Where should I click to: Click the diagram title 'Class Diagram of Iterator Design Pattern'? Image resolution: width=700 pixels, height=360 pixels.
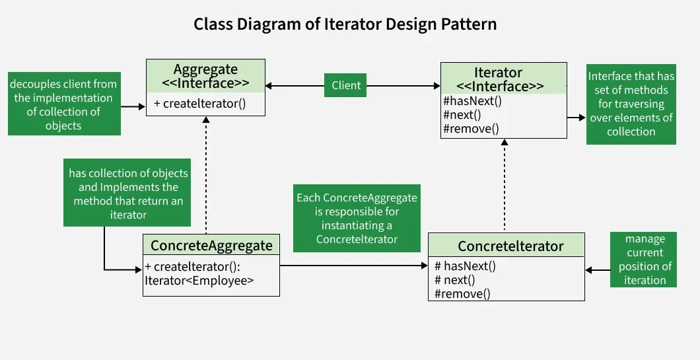(345, 24)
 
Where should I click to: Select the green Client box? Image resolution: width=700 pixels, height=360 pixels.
(346, 85)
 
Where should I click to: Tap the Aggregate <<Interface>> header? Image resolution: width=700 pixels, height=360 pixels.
(205, 76)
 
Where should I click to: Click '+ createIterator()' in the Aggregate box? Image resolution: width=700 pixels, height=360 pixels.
(199, 104)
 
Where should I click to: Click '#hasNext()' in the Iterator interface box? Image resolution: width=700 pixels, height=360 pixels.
(473, 102)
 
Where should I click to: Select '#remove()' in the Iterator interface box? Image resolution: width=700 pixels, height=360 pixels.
(471, 129)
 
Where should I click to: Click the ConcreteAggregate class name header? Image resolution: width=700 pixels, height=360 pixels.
(211, 246)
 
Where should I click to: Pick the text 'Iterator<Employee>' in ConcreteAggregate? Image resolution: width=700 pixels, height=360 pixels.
(199, 281)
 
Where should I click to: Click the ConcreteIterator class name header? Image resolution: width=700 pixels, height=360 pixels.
(510, 246)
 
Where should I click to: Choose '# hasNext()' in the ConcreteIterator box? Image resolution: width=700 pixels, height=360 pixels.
(465, 266)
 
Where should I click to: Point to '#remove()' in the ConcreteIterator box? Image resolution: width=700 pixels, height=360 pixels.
(462, 293)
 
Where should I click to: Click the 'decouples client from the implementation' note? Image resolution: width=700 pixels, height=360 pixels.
(63, 104)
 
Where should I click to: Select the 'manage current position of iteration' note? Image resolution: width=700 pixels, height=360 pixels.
(645, 260)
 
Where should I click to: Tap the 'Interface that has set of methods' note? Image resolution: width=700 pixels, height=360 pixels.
(631, 104)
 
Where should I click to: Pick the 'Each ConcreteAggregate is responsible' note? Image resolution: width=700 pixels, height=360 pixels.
(357, 218)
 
